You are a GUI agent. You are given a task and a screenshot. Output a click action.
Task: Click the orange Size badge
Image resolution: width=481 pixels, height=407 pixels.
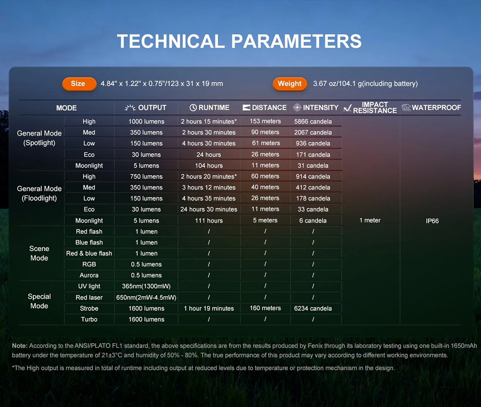[79, 84]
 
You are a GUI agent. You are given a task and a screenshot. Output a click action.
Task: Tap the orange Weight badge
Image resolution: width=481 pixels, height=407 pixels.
[289, 84]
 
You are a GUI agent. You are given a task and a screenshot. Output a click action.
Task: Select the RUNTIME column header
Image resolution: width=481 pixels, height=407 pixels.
[209, 108]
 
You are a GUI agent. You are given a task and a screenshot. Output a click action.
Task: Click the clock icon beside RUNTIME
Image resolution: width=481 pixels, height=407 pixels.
[193, 108]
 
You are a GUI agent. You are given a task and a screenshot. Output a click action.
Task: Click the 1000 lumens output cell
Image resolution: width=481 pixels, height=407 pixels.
[146, 122]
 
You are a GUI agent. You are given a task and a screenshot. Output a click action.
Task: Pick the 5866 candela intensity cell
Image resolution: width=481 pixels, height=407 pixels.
[313, 122]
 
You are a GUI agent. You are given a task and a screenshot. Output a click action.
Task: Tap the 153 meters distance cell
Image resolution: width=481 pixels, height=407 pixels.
[265, 121]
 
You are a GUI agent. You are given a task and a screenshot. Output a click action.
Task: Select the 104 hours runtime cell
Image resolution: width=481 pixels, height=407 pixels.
[209, 166]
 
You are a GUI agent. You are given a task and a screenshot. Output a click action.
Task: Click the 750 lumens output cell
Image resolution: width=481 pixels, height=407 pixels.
[146, 176]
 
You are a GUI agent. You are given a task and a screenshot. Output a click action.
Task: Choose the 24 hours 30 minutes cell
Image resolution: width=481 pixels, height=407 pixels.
[209, 209]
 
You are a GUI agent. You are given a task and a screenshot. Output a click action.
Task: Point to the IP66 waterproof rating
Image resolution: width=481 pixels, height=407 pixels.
[432, 221]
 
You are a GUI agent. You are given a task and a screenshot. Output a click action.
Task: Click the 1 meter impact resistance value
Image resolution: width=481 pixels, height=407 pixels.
[369, 221]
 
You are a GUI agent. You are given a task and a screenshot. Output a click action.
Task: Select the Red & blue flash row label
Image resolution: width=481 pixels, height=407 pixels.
[89, 253]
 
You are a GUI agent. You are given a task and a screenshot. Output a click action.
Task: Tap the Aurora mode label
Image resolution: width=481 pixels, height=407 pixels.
[89, 275]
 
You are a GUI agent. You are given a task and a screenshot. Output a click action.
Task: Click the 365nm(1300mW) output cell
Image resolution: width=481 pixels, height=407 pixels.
[146, 286]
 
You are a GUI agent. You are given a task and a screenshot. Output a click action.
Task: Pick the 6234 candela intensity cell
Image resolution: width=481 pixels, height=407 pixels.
[313, 309]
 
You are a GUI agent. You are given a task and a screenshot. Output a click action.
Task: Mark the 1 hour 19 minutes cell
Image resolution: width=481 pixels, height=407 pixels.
[209, 309]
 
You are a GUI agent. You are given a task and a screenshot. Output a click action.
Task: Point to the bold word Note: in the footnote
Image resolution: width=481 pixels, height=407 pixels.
[20, 346]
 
